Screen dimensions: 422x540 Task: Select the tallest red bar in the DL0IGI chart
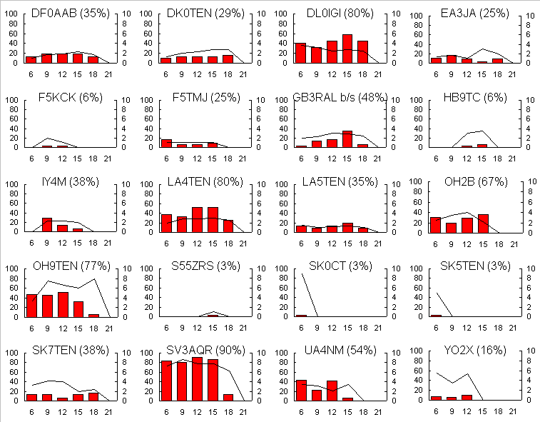347,49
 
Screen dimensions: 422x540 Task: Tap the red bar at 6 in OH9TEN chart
31,306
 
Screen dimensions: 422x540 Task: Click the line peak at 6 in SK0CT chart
302,274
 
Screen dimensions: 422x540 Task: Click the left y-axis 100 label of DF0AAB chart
11,15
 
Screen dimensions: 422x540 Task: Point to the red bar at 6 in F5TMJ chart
166,143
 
